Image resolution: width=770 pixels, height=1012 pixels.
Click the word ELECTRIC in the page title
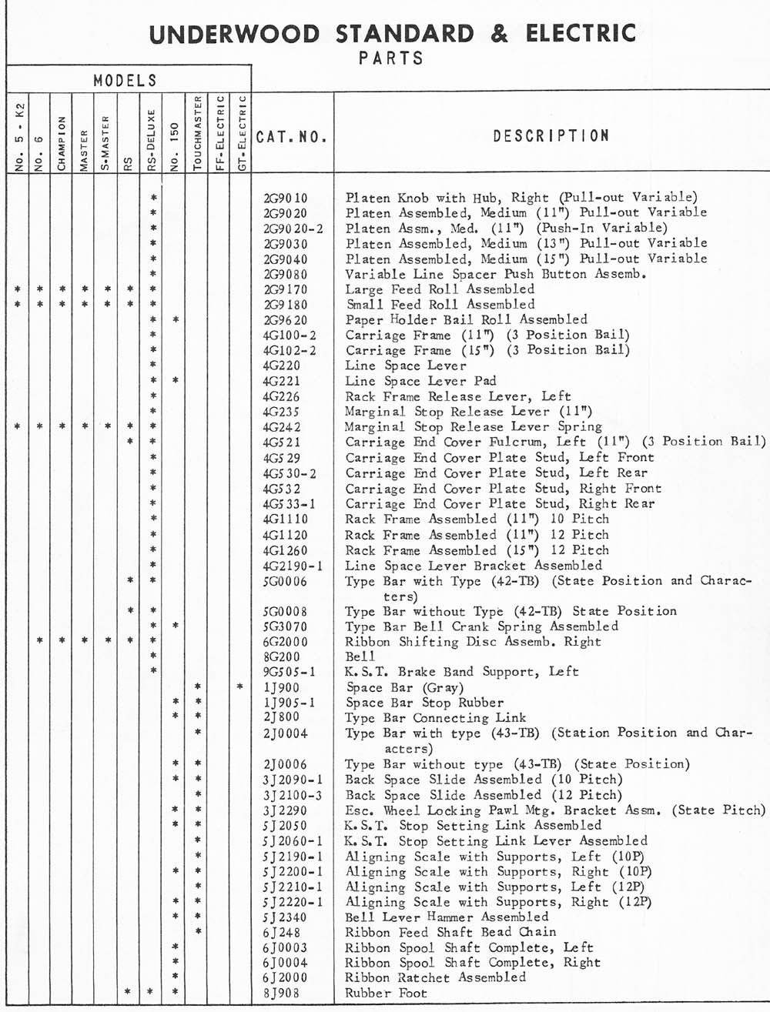581,34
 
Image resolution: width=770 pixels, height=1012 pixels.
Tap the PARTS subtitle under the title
391,58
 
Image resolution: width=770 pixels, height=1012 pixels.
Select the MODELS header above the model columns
126,81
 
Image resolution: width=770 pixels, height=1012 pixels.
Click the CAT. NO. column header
292,138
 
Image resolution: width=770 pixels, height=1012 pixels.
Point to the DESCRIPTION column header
551,136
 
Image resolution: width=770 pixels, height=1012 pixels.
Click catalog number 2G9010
285,198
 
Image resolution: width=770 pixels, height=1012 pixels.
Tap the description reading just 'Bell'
360,656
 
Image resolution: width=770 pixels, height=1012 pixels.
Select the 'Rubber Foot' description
386,993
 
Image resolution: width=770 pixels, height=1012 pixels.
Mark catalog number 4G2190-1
293,566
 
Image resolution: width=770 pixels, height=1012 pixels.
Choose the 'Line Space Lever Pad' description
420,381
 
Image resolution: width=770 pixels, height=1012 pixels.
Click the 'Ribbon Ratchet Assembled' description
435,977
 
